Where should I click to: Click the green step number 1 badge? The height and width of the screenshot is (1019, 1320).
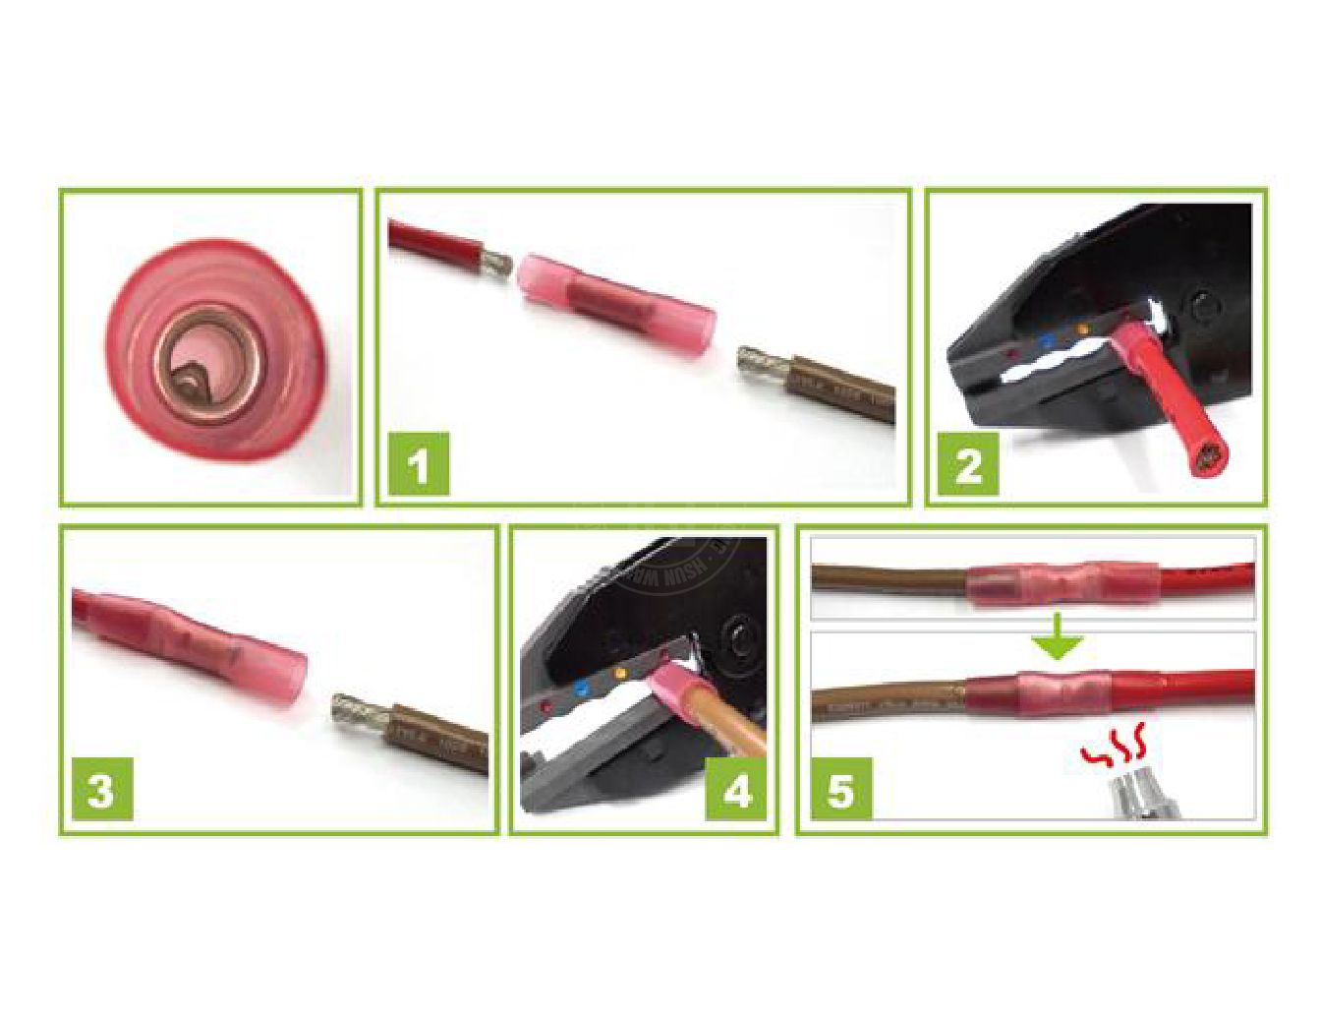coord(420,463)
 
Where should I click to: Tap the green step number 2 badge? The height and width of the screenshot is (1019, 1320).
coord(968,463)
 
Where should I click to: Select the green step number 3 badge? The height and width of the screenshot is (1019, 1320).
coord(101,789)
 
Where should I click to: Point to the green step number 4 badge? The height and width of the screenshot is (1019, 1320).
coord(737,789)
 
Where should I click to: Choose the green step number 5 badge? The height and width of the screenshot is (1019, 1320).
coord(841,789)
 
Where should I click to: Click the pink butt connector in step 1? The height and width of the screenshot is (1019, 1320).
coord(615,292)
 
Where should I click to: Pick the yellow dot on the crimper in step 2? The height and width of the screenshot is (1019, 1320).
coord(1083,329)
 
